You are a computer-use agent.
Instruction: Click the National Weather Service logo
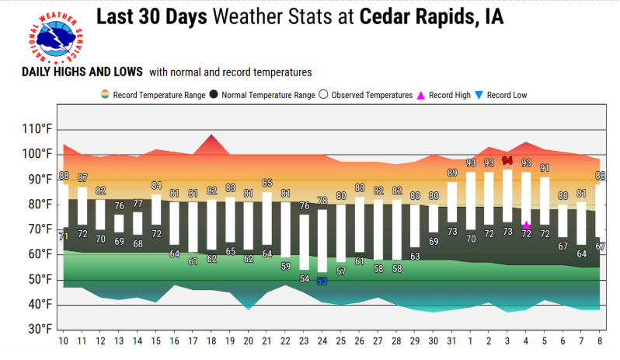[56, 38]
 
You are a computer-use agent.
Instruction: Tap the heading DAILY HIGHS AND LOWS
[82, 72]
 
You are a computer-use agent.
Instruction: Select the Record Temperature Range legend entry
[153, 95]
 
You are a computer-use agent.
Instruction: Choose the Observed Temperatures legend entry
[366, 95]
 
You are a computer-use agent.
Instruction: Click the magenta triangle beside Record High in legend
[421, 96]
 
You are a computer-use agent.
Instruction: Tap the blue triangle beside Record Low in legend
[479, 96]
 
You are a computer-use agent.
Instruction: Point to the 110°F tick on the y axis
[37, 129]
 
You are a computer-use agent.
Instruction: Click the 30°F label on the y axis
[40, 329]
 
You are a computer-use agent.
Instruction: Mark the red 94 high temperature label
[507, 161]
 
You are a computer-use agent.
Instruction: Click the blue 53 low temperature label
[322, 281]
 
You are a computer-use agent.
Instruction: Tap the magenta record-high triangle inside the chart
[526, 225]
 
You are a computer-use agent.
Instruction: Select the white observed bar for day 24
[322, 241]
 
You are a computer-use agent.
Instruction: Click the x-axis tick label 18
[211, 341]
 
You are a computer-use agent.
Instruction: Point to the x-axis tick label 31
[451, 341]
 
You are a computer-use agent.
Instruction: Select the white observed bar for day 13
[119, 223]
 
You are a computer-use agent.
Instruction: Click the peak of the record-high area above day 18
[211, 135]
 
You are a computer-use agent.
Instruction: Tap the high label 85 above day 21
[267, 183]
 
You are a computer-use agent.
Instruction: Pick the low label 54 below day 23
[304, 279]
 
